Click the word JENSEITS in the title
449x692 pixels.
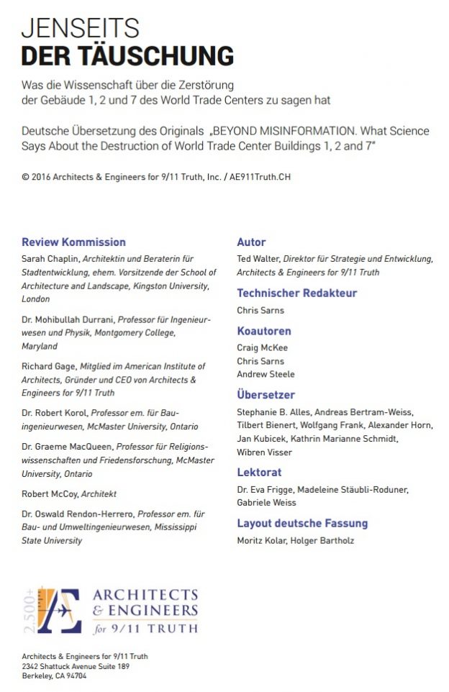(x=80, y=29)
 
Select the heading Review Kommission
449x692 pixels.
(x=73, y=242)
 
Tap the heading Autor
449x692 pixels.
(x=251, y=242)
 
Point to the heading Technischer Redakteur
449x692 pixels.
(x=296, y=293)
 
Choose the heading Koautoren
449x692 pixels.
(x=264, y=331)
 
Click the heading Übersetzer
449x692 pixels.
(x=266, y=395)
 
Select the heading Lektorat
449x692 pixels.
(x=259, y=473)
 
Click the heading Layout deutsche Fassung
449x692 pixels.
(x=302, y=524)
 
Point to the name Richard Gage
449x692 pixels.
(x=45, y=367)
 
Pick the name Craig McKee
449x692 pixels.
(x=262, y=348)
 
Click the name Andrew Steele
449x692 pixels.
(x=266, y=375)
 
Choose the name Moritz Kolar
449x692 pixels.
(x=262, y=541)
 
